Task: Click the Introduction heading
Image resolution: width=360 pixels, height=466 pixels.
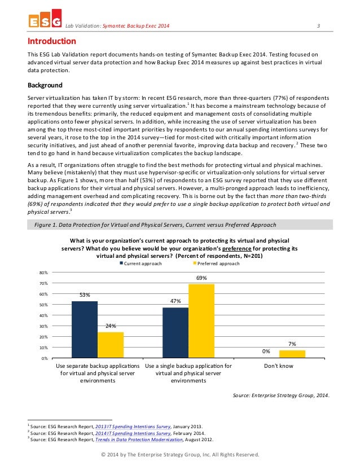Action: pyautogui.click(x=52, y=41)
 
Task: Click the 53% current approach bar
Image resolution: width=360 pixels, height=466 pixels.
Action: pyautogui.click(x=85, y=329)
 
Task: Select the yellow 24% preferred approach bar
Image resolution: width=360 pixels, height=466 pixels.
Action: pyautogui.click(x=111, y=345)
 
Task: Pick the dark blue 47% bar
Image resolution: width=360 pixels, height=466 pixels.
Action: pyautogui.click(x=175, y=332)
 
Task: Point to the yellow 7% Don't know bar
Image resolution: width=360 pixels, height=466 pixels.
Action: pyautogui.click(x=292, y=354)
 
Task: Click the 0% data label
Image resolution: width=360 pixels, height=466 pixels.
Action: pyautogui.click(x=266, y=351)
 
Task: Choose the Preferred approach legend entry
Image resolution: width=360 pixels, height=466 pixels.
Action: pyautogui.click(x=217, y=263)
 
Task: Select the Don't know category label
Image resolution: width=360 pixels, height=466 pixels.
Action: pyautogui.click(x=279, y=366)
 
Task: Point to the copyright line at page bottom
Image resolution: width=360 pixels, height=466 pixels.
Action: pyautogui.click(x=179, y=455)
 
